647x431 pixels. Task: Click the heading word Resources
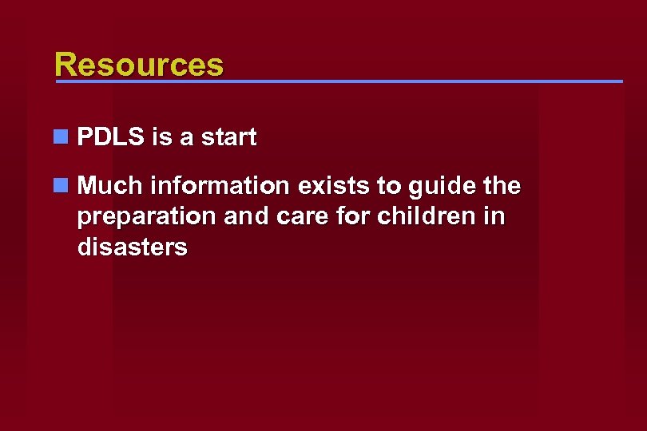point(139,64)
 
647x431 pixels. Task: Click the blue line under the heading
point(339,81)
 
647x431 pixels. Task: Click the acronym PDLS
point(111,137)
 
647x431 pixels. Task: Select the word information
point(220,186)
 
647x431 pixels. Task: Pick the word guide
point(439,188)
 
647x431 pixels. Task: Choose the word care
point(281,217)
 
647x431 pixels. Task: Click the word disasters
point(133,247)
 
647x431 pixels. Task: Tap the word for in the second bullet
point(331,216)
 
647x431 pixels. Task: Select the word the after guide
point(502,186)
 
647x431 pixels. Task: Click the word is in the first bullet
point(163,137)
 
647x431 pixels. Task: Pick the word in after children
point(494,216)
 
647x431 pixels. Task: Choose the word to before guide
point(391,186)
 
